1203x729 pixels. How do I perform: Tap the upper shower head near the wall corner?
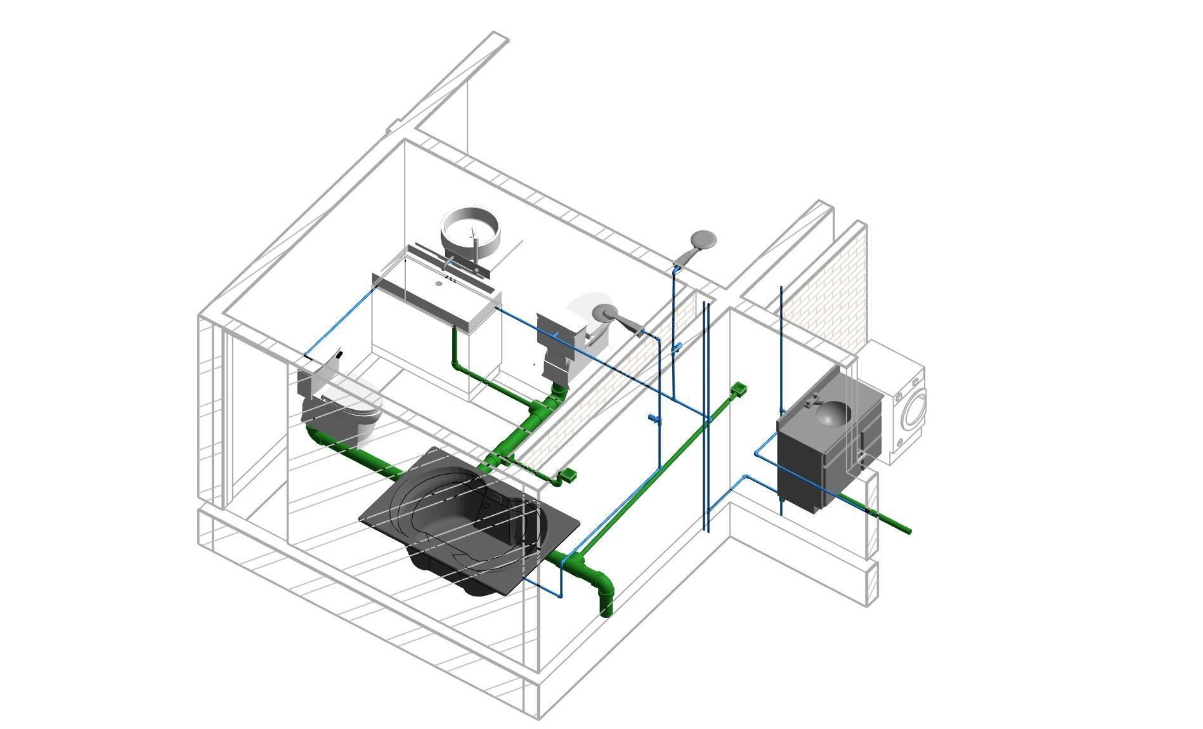(703, 240)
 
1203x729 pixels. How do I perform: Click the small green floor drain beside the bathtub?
(568, 474)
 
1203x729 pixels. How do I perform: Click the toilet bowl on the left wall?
(346, 409)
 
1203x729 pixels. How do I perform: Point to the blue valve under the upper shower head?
(677, 347)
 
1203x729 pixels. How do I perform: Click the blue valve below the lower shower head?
(654, 417)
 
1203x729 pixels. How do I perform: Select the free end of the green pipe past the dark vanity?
(907, 530)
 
